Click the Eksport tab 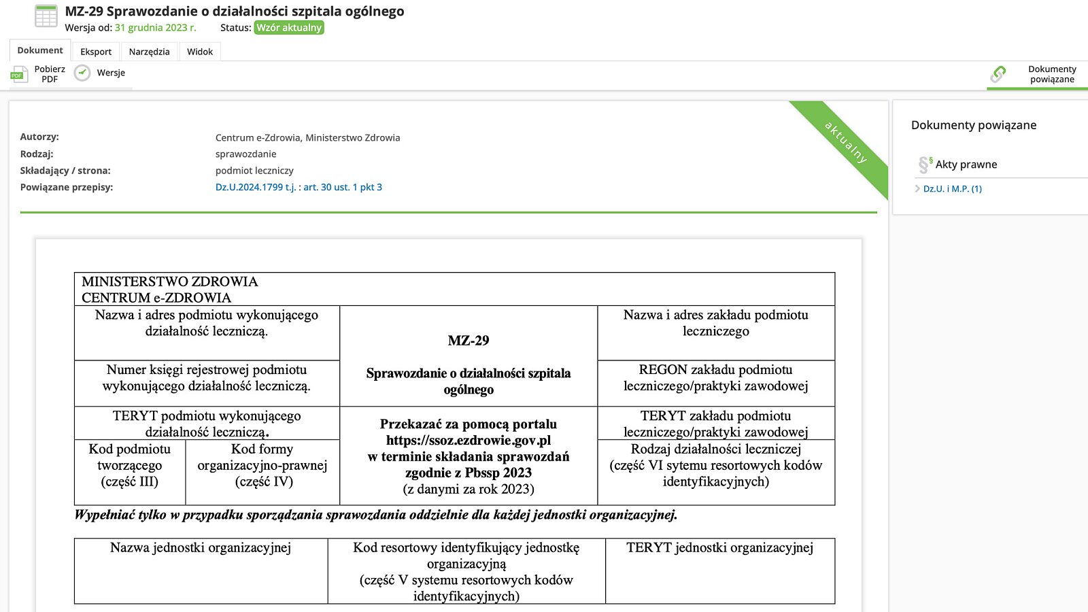click(x=96, y=52)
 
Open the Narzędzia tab click(x=149, y=52)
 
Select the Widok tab click(x=200, y=52)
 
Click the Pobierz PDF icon click(x=18, y=74)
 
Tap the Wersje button click(x=101, y=73)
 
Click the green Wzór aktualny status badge click(x=289, y=28)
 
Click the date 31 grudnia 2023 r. click(x=155, y=28)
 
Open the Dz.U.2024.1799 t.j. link click(x=255, y=187)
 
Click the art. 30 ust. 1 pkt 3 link click(x=343, y=187)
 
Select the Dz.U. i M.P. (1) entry click(x=952, y=189)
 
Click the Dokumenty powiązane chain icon click(x=998, y=73)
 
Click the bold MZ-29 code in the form click(x=469, y=341)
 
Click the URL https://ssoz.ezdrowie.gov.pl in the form click(x=469, y=441)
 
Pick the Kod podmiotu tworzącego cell click(x=130, y=466)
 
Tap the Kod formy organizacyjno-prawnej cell click(x=262, y=466)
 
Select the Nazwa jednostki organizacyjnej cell click(x=201, y=570)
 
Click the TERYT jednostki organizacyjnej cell click(x=719, y=570)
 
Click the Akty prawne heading click(x=966, y=165)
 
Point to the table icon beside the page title click(x=46, y=16)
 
